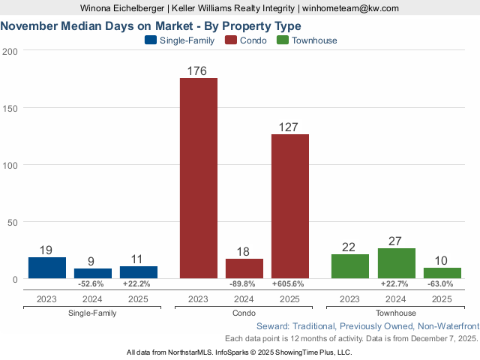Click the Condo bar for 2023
199,178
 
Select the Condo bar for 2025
290,206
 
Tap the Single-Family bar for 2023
47,268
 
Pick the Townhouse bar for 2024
396,263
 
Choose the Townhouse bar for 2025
442,273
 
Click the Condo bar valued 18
244,268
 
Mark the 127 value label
290,127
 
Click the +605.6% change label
290,284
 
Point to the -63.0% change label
442,284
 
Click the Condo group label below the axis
244,313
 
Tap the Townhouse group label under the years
396,313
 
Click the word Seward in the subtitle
272,327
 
